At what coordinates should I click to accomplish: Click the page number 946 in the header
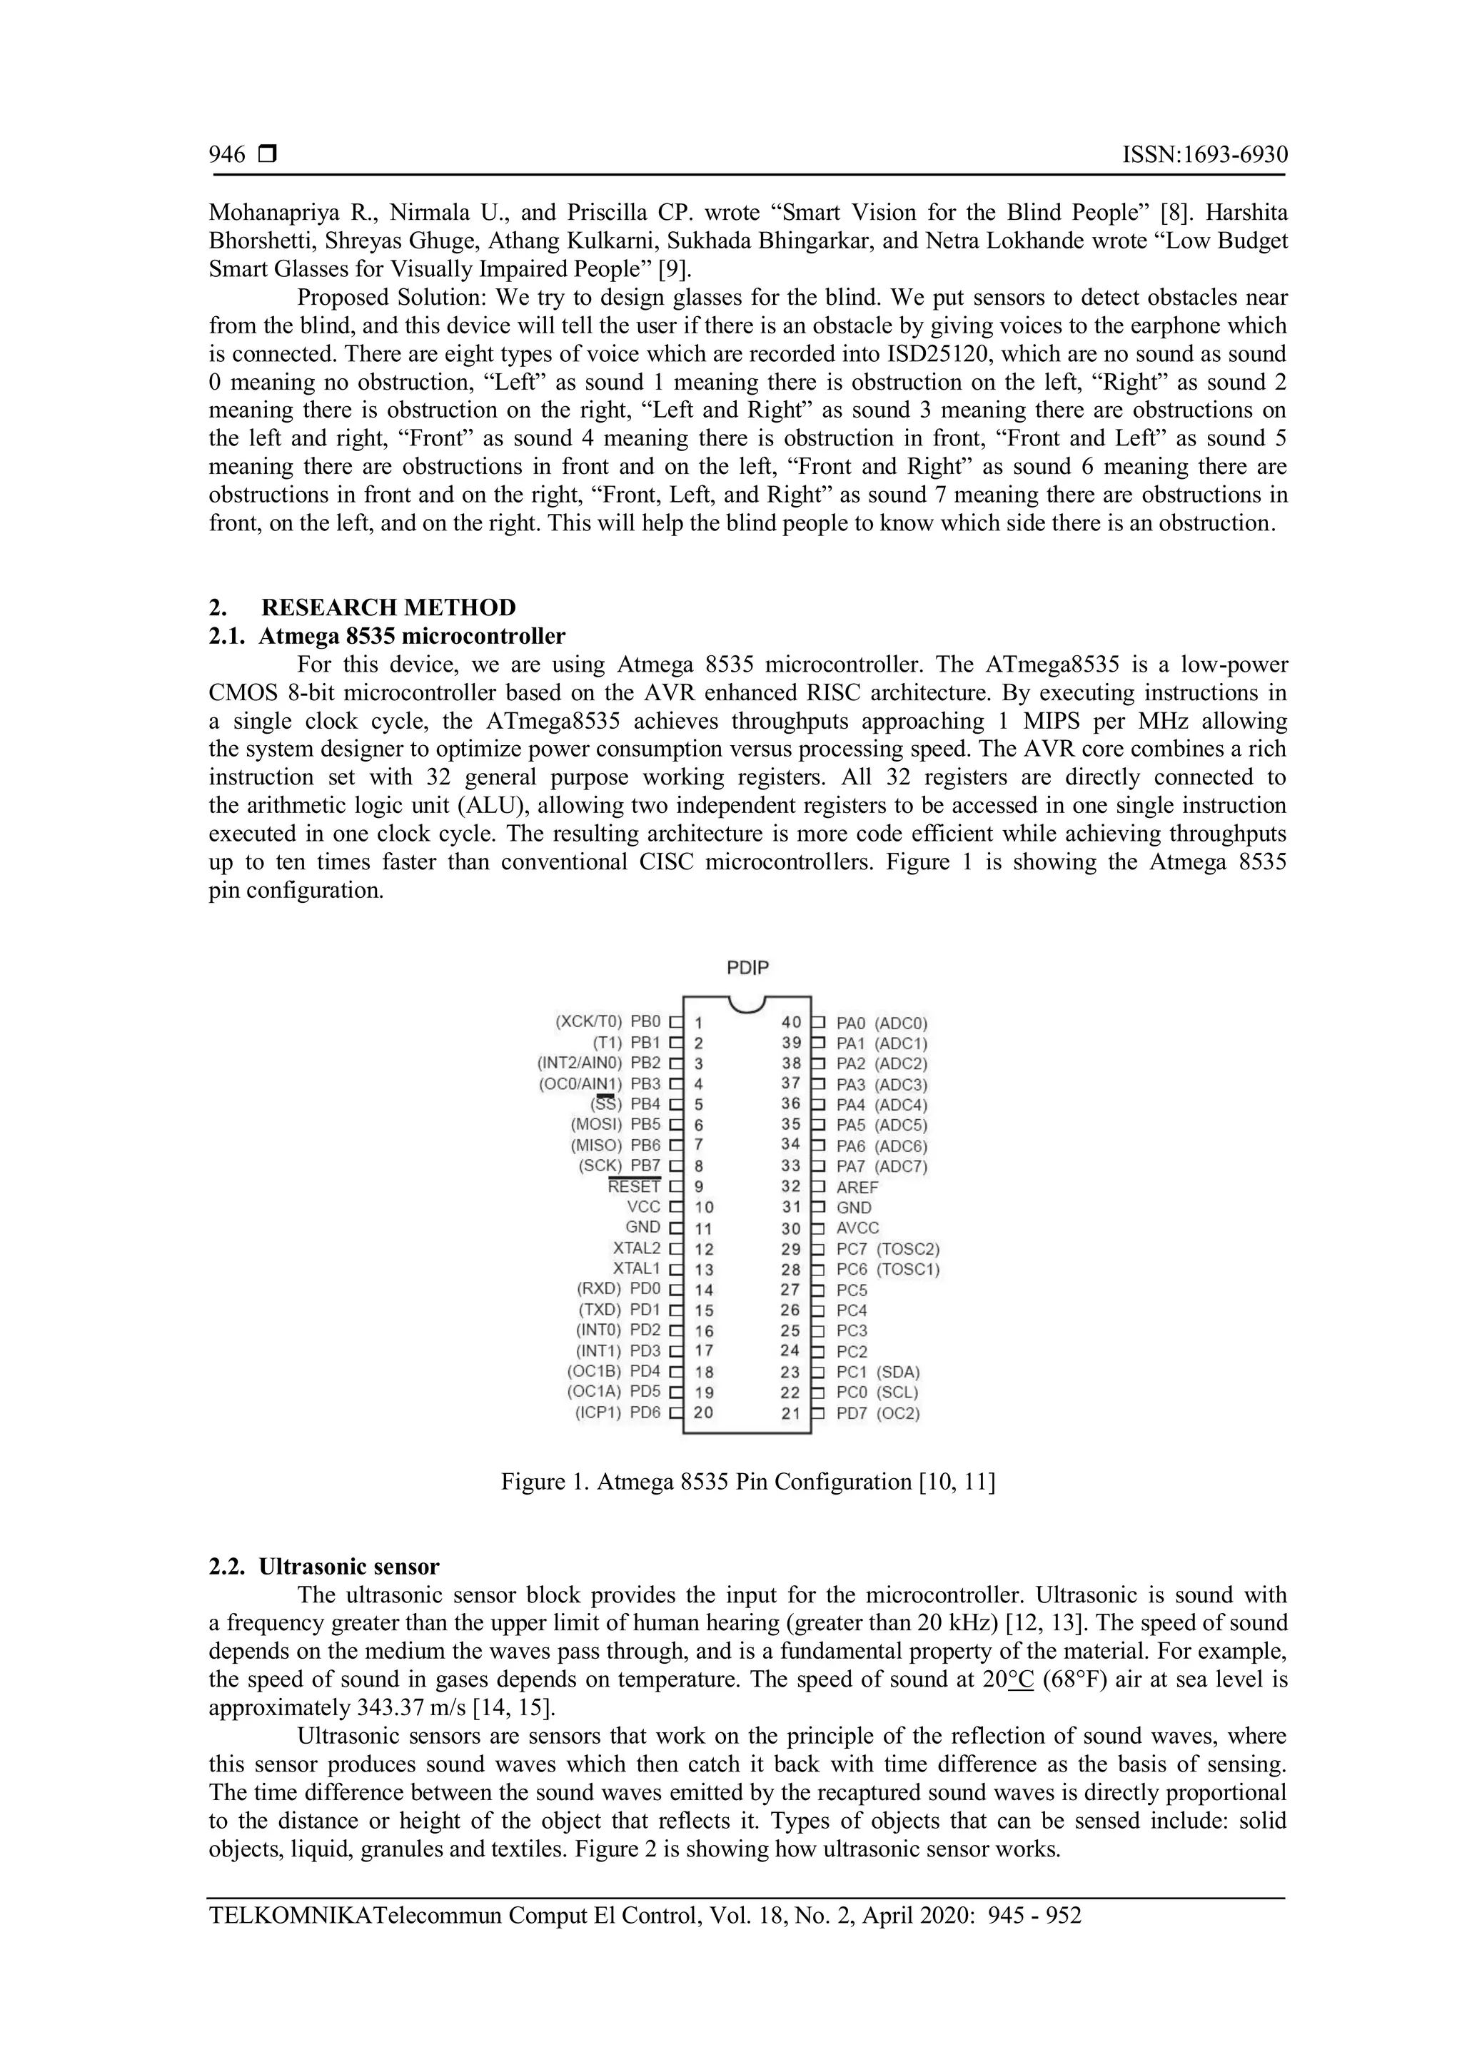[227, 155]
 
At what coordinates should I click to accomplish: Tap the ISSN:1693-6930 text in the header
[1204, 155]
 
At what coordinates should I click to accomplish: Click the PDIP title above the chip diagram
[748, 968]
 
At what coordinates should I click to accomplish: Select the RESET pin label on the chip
[634, 1186]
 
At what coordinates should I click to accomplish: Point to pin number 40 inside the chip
[790, 1022]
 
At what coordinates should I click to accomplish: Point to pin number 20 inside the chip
[703, 1412]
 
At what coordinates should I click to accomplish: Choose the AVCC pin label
[857, 1228]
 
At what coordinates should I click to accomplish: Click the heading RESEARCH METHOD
[388, 607]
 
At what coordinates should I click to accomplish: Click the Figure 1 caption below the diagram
[747, 1482]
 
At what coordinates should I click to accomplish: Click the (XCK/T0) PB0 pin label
[608, 1022]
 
